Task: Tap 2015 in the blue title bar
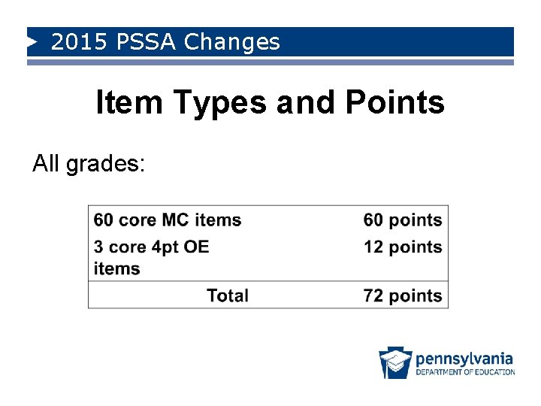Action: point(80,42)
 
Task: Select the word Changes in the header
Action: point(231,42)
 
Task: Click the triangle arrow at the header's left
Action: point(32,42)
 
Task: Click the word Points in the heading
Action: point(394,103)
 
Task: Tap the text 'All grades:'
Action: point(89,163)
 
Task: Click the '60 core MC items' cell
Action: point(167,220)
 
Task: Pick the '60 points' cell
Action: point(403,220)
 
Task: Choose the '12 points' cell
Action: point(403,247)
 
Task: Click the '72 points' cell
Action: point(403,295)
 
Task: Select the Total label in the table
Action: point(228,295)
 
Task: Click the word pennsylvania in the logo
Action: point(464,358)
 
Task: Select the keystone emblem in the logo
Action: point(394,362)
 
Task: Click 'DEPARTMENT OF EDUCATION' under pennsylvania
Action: point(465,371)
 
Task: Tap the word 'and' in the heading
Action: point(305,103)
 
